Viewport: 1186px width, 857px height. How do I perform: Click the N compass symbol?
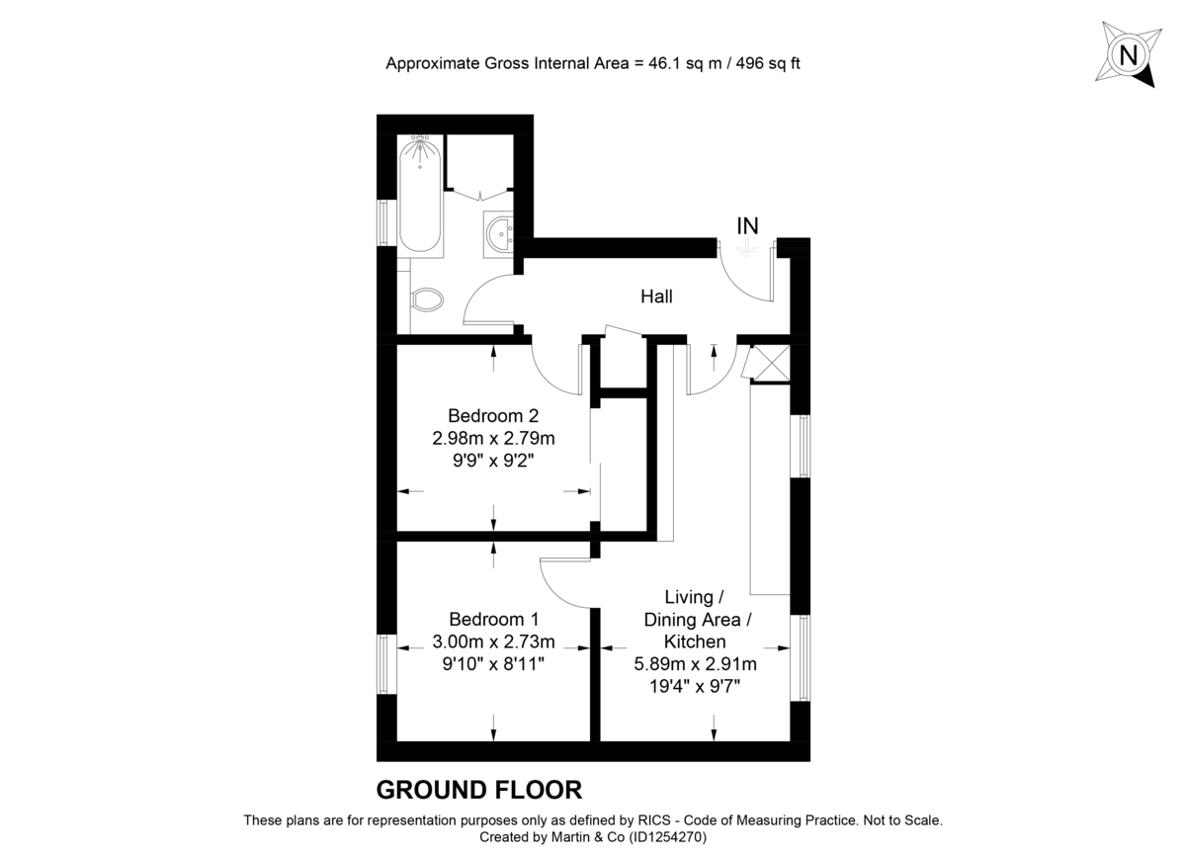[x=1126, y=55]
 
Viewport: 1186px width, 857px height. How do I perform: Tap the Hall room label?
[x=656, y=297]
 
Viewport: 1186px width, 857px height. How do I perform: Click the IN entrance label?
[x=747, y=226]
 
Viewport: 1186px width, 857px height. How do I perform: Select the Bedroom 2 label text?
[x=493, y=415]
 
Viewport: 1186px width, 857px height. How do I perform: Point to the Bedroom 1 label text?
[x=494, y=620]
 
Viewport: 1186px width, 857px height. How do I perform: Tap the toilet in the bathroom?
[x=428, y=299]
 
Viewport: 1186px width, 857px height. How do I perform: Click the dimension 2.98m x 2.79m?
[x=494, y=438]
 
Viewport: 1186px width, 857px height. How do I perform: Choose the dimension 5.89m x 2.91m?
[x=695, y=664]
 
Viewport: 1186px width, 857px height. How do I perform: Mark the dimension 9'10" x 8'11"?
[x=494, y=664]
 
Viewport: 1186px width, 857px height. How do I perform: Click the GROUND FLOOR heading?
[x=479, y=790]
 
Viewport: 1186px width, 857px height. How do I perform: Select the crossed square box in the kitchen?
[x=770, y=363]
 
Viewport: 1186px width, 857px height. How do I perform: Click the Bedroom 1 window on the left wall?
[x=386, y=664]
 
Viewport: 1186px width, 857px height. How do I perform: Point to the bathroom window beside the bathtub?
[x=386, y=222]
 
